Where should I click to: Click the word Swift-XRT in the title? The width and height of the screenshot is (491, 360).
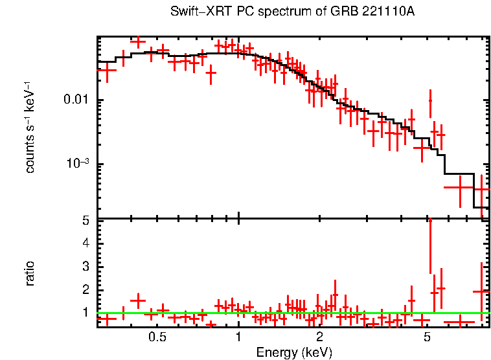(x=195, y=12)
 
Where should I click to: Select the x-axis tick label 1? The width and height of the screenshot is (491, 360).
(x=238, y=338)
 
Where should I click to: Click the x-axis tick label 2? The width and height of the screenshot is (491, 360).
(x=319, y=338)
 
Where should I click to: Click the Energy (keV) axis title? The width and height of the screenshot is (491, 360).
(x=294, y=352)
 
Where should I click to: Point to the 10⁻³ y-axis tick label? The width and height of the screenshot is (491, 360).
(x=77, y=163)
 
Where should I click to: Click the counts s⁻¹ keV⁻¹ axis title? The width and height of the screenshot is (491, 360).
(x=30, y=127)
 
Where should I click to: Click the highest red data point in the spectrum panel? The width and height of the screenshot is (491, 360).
(x=137, y=41)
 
